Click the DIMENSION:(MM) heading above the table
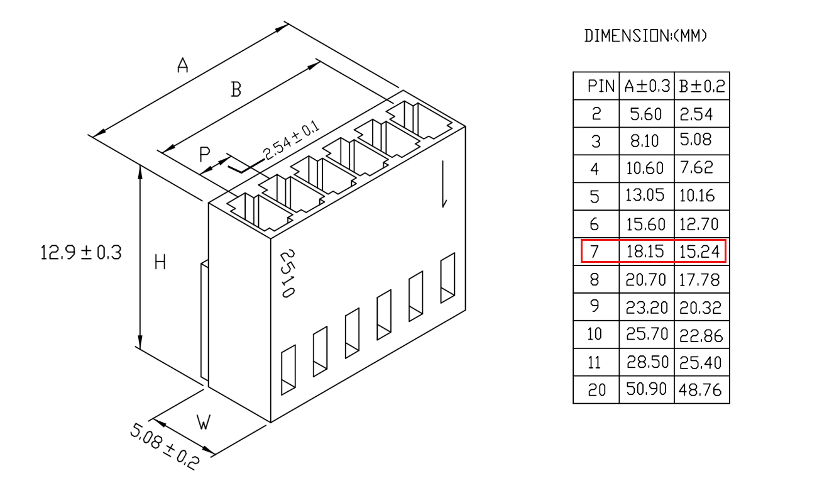(645, 36)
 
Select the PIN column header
(601, 87)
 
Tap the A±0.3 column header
(647, 86)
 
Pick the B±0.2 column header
(702, 86)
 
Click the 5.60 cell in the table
(645, 114)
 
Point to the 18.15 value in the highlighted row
(645, 252)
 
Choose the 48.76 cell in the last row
(700, 390)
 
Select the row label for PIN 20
(596, 390)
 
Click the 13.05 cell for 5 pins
(644, 196)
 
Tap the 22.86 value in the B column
(701, 336)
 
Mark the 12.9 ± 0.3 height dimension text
(80, 253)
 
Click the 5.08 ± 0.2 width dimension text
(165, 446)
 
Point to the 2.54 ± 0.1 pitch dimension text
(291, 140)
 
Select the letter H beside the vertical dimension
(160, 262)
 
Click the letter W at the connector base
(204, 423)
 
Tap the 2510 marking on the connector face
(288, 274)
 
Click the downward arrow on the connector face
(444, 184)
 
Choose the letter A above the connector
(183, 65)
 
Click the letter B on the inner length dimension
(236, 89)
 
